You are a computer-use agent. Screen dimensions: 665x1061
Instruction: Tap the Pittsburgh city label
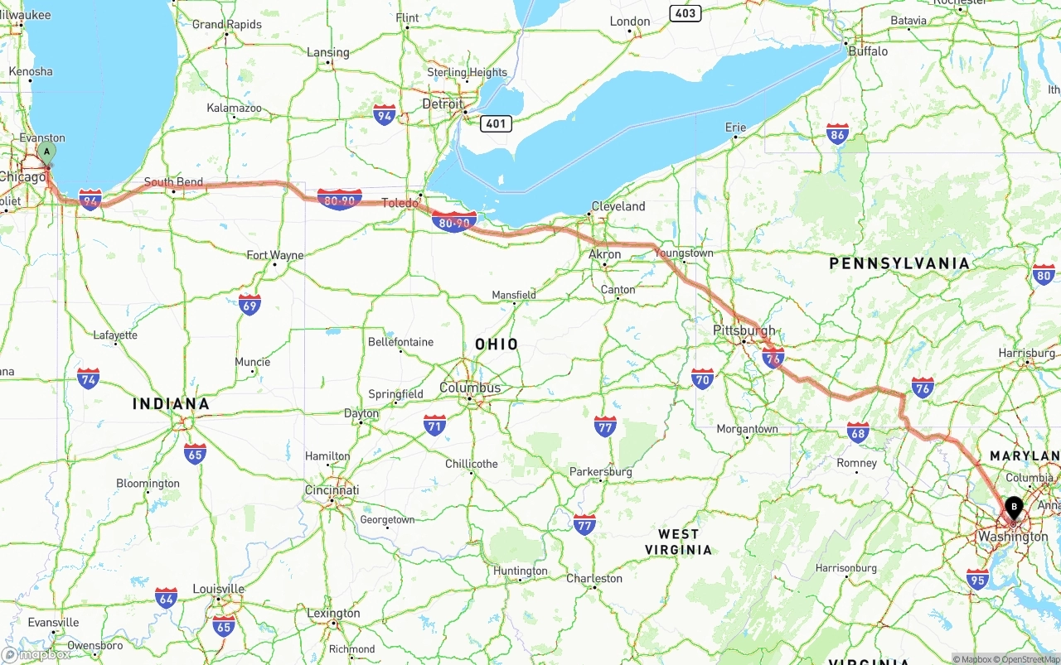click(x=744, y=330)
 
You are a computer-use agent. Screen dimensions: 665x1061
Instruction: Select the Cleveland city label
click(x=618, y=206)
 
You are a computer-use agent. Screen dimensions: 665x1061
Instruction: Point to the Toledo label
click(x=400, y=203)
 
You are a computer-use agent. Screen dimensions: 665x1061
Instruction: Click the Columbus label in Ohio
click(x=470, y=388)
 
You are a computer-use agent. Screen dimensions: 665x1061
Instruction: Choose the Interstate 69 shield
click(x=250, y=304)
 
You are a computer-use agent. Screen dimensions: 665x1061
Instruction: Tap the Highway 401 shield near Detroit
click(x=495, y=123)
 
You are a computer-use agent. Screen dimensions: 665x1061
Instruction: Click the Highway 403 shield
click(x=686, y=13)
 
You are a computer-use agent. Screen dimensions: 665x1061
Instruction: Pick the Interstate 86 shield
click(x=837, y=134)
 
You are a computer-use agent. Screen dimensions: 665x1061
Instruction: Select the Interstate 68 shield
click(x=858, y=431)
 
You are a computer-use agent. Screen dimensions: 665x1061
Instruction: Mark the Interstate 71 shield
click(x=434, y=426)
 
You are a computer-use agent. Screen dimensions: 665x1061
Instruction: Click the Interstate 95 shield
click(x=977, y=579)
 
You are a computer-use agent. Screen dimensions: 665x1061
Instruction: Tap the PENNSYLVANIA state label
click(x=899, y=263)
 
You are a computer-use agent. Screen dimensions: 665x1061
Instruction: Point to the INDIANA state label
click(x=171, y=404)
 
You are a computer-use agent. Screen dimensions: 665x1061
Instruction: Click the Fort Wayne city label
click(x=275, y=255)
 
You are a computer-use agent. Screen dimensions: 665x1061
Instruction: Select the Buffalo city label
click(x=868, y=51)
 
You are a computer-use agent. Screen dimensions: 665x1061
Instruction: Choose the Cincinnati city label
click(x=332, y=490)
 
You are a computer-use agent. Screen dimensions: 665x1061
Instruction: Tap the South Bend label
click(x=173, y=181)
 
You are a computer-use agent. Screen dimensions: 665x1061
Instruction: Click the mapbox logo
click(x=36, y=654)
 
